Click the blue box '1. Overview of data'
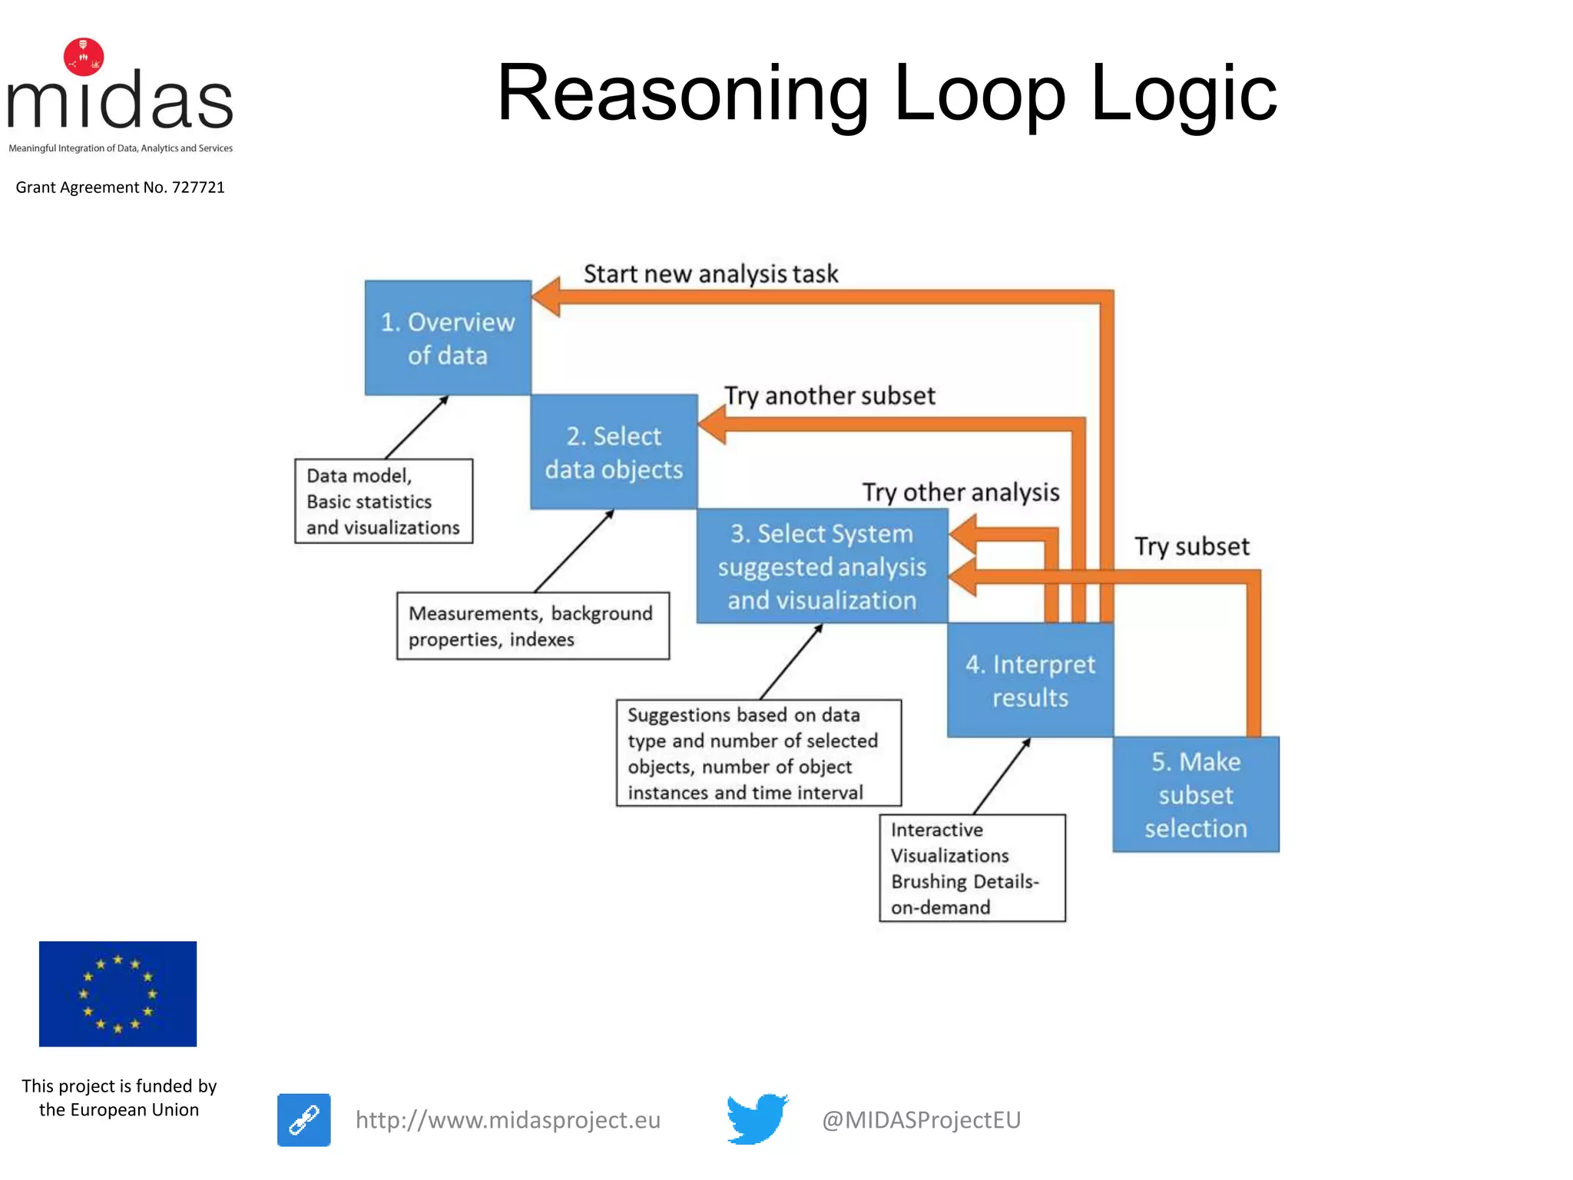tap(448, 338)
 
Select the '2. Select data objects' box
tap(614, 452)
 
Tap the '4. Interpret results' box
tap(1030, 681)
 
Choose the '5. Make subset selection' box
tap(1196, 795)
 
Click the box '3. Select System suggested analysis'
tap(822, 566)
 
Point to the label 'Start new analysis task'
tap(710, 274)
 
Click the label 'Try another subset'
tap(830, 396)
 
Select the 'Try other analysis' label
tap(960, 492)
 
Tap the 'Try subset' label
tap(1192, 546)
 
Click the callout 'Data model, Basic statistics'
tap(383, 502)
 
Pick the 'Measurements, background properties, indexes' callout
tap(532, 626)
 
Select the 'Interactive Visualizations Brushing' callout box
tap(972, 868)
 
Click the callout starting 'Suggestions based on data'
tap(758, 753)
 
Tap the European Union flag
tap(118, 993)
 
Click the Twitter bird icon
tap(757, 1119)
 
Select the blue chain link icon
tap(304, 1120)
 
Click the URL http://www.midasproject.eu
tap(508, 1120)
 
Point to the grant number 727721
tap(198, 187)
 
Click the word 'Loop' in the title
tap(979, 94)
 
